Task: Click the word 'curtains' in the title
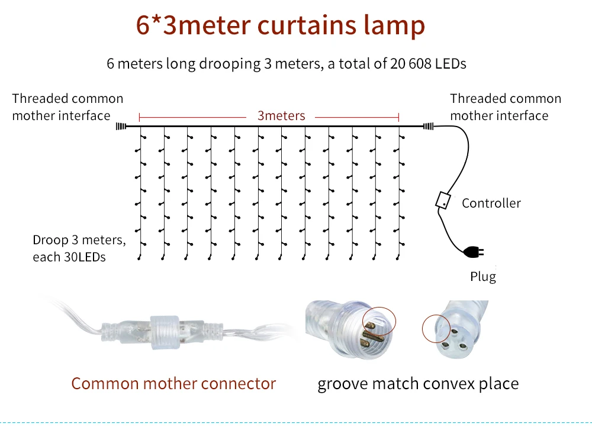[307, 25]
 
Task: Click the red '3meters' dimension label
[281, 116]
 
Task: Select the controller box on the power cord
[443, 200]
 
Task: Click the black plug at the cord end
[474, 251]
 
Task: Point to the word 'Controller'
[491, 203]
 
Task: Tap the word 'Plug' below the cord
[483, 277]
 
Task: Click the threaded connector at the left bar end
[121, 127]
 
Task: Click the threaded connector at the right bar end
[428, 127]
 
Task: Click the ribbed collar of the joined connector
[165, 332]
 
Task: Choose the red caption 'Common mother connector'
[173, 384]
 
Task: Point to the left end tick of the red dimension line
[139, 117]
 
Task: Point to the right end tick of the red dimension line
[398, 117]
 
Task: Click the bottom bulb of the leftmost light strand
[139, 258]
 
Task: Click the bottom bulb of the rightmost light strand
[398, 258]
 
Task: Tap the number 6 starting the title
[143, 25]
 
